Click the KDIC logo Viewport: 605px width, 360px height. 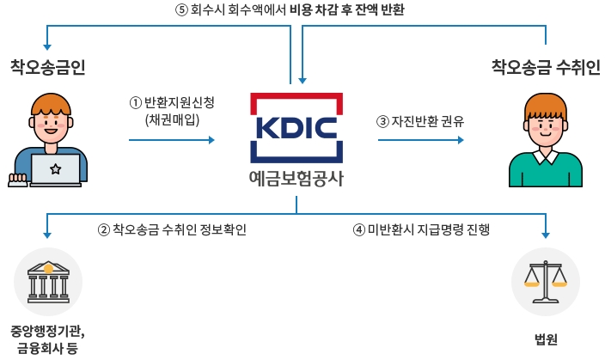(x=296, y=128)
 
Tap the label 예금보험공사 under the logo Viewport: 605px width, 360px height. (x=296, y=180)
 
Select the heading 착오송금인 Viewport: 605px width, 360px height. (x=48, y=66)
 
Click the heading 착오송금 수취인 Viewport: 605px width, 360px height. (x=545, y=66)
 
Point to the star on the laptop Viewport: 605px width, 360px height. (x=55, y=168)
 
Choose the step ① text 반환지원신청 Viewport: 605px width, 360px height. (x=172, y=102)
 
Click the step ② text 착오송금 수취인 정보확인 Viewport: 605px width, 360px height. (x=173, y=229)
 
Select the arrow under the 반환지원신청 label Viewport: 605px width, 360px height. (x=172, y=137)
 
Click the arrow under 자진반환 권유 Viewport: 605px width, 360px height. (x=421, y=137)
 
